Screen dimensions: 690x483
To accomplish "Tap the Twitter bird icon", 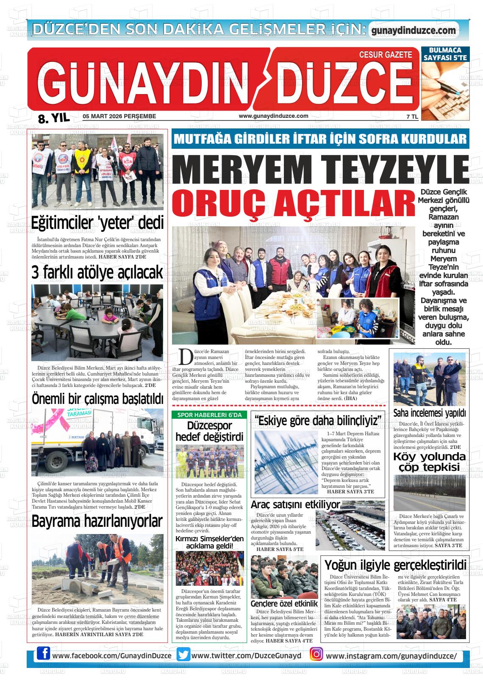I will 183,655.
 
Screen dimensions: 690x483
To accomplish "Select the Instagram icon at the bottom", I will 316,655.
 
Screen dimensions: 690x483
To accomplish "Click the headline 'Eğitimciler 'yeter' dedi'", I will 97,222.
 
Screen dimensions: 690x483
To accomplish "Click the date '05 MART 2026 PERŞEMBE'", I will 119,116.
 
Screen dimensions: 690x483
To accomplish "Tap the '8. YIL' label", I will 53,119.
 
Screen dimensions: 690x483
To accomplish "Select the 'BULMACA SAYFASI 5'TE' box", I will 445,54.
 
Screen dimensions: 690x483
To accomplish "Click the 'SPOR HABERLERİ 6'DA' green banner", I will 209,415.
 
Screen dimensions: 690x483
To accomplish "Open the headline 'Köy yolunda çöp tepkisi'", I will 429,462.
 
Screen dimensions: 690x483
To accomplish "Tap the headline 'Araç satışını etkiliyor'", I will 295,504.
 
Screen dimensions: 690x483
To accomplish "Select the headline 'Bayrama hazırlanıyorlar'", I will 97,521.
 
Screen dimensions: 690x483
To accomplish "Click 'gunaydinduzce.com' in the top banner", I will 414,31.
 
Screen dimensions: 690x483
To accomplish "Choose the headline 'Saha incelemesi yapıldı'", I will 429,412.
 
